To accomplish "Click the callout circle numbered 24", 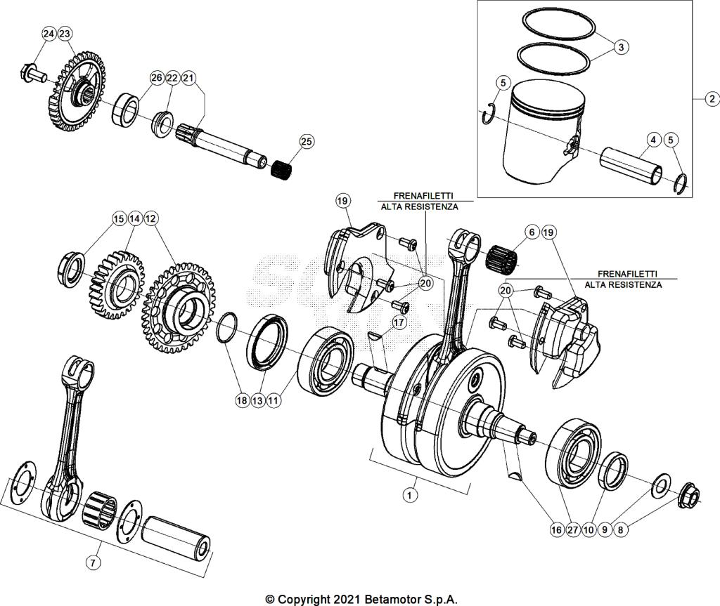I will (48, 34).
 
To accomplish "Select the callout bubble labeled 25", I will (307, 141).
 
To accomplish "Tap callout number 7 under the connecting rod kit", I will (93, 562).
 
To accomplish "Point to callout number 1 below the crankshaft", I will (408, 494).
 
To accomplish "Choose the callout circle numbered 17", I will (399, 322).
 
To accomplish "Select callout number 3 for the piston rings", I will (620, 47).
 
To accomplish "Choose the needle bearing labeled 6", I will (501, 257).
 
